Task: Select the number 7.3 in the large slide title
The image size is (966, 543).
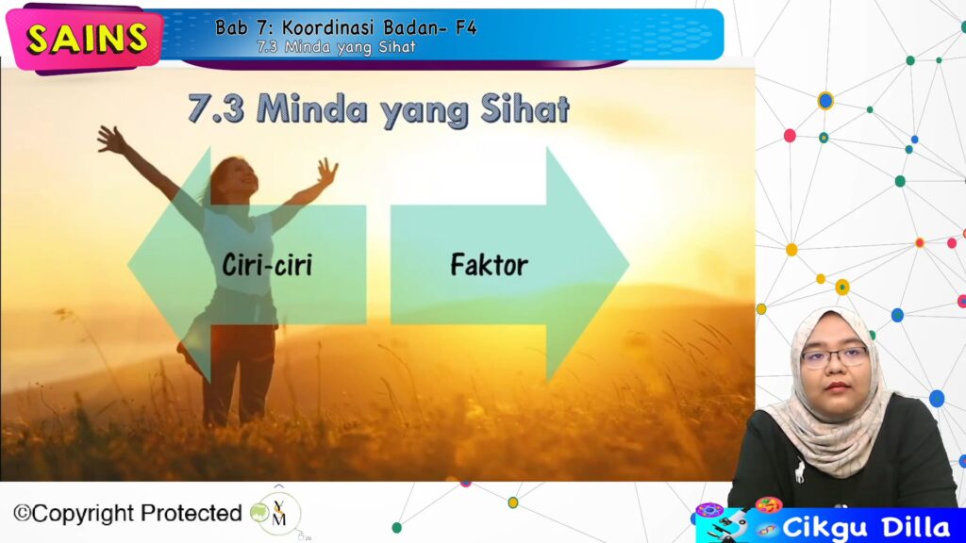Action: tap(216, 109)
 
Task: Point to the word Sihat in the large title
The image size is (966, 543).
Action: tap(525, 109)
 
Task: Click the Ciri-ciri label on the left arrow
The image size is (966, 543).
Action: tap(267, 265)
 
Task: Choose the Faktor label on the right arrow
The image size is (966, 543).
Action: tap(490, 265)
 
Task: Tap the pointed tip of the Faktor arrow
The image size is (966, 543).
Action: tap(628, 265)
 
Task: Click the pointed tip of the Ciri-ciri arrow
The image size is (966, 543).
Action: tap(128, 265)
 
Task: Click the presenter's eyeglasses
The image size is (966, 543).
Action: tap(834, 356)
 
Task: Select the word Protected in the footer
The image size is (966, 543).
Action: tap(192, 513)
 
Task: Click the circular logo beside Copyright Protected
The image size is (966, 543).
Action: tap(278, 513)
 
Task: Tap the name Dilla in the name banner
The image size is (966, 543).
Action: tap(916, 528)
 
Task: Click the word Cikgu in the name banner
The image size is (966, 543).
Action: tap(826, 528)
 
